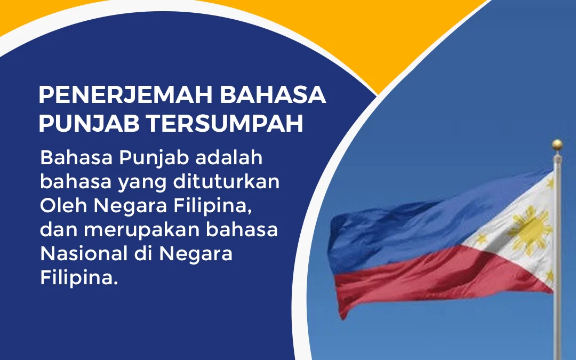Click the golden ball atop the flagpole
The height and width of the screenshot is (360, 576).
click(557, 144)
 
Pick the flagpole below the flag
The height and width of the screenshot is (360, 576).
click(558, 331)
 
